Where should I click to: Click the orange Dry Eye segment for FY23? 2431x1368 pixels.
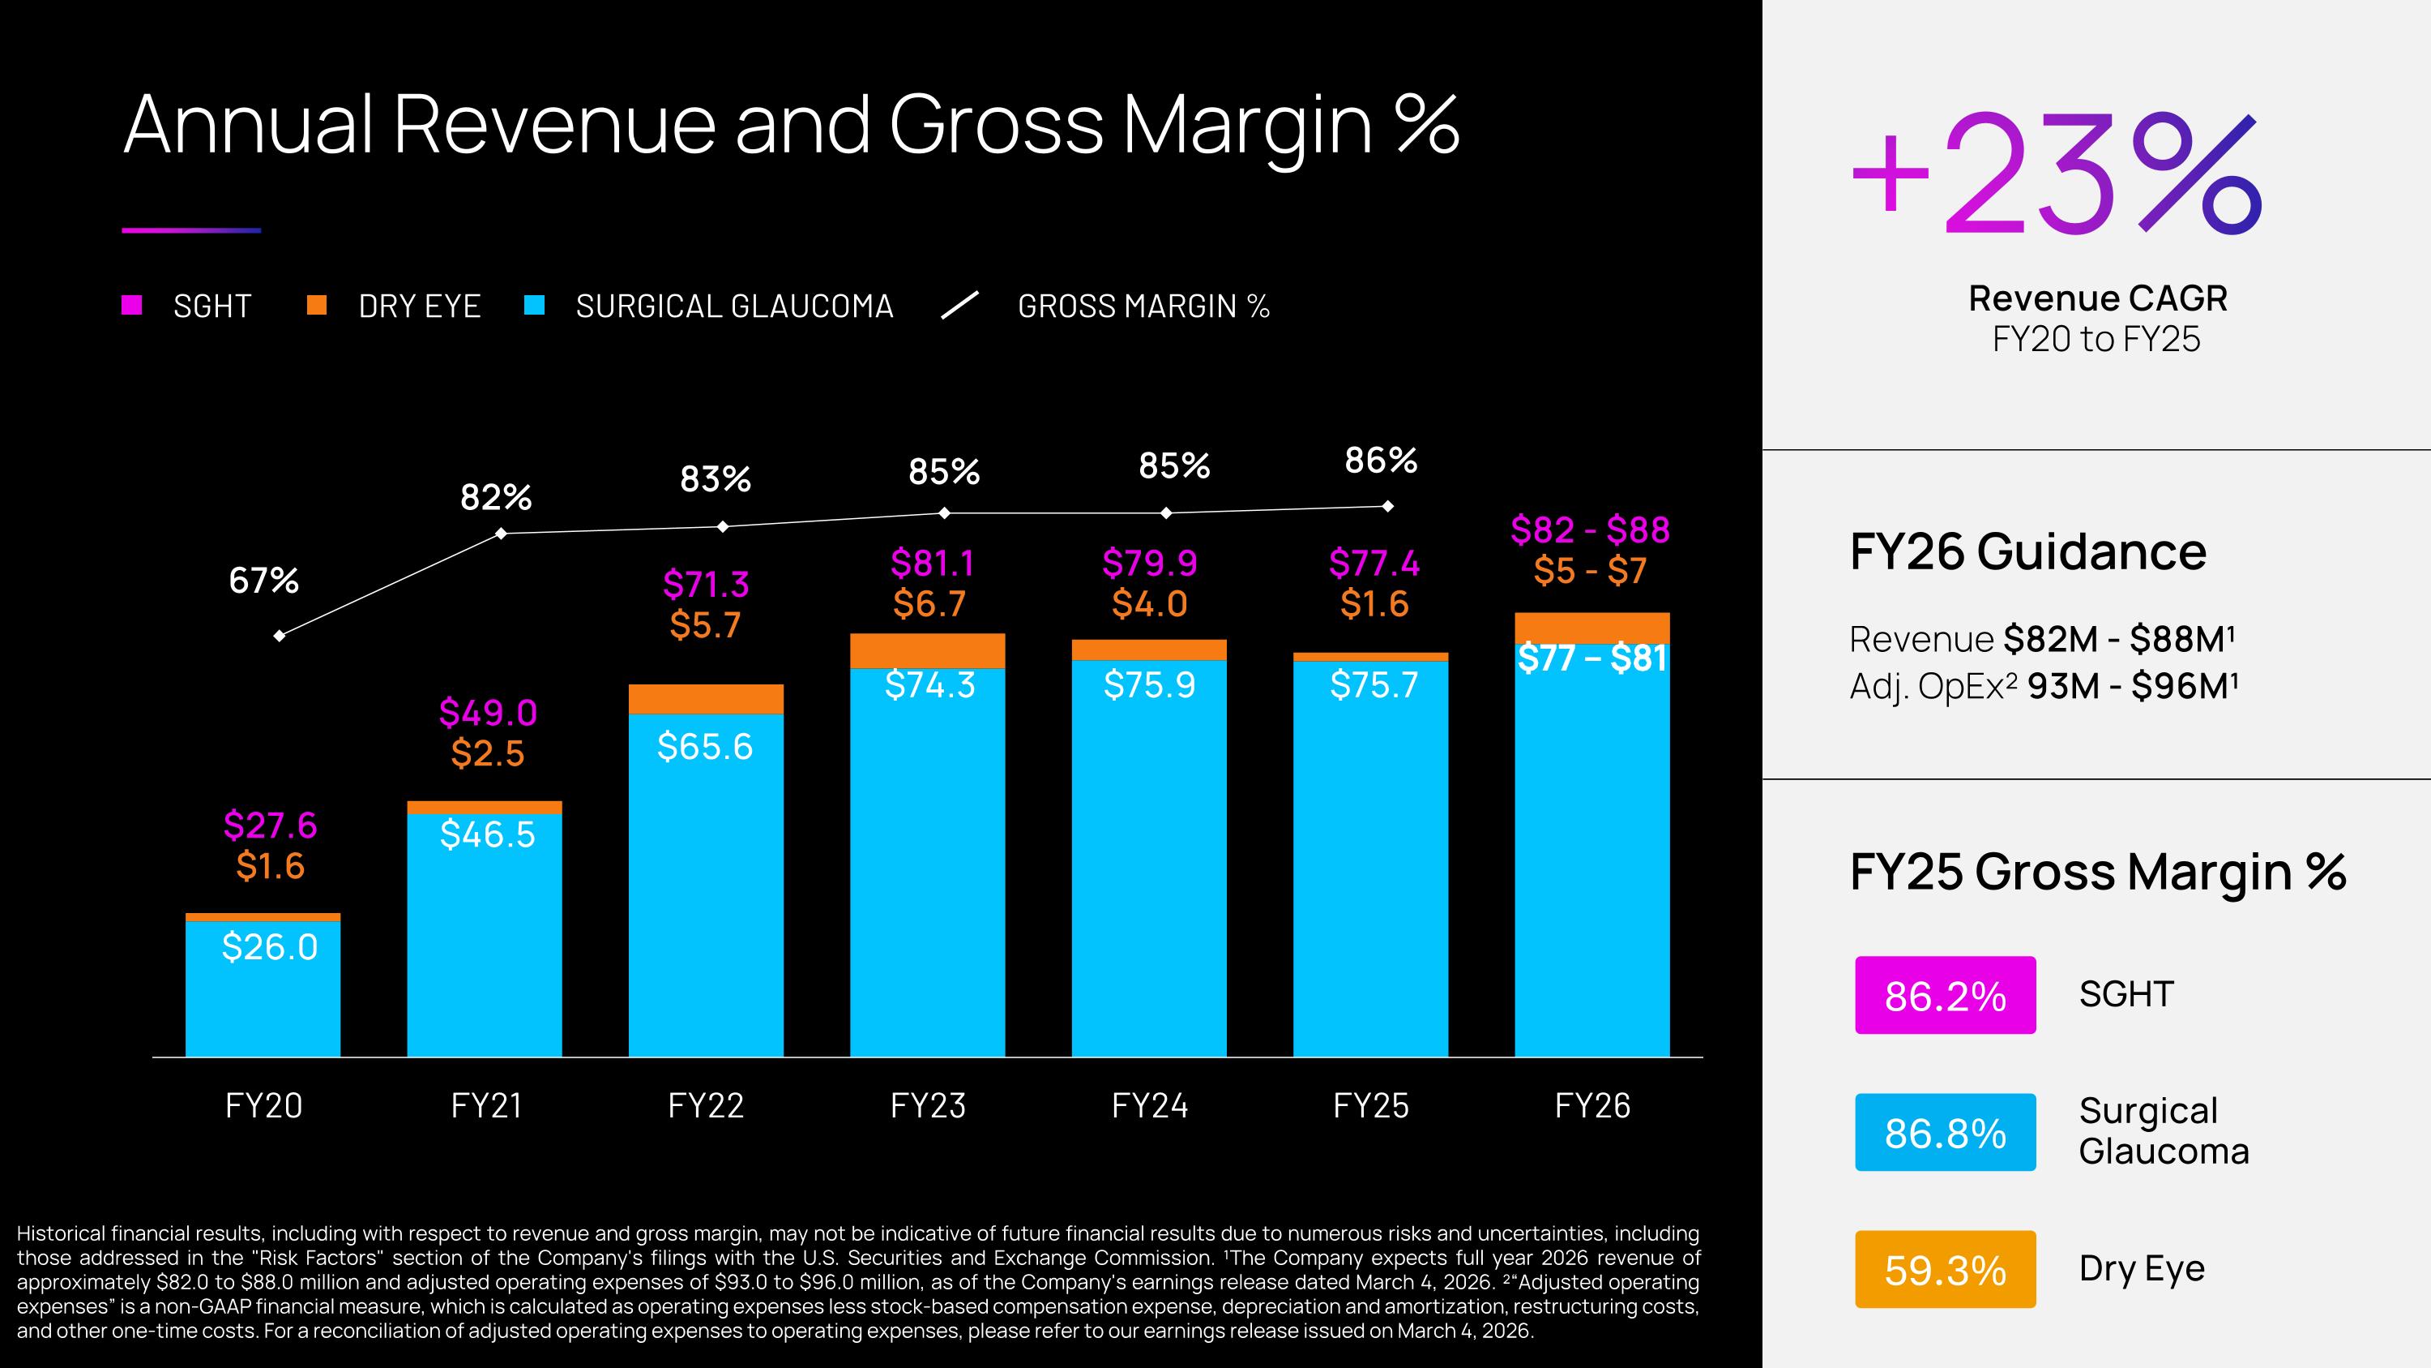coord(927,650)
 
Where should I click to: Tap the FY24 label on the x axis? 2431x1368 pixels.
coord(1148,1105)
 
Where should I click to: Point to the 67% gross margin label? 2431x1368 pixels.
coord(263,581)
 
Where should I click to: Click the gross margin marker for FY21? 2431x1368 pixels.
coord(501,534)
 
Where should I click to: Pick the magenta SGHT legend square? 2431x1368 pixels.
coord(132,305)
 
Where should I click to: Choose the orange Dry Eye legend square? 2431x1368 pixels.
coord(317,305)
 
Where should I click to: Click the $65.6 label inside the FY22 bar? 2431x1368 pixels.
coord(705,747)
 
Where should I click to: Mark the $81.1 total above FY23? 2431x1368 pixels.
coord(931,563)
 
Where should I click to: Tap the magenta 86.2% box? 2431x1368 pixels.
coord(1945,995)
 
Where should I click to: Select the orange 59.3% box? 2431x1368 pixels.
coord(1945,1269)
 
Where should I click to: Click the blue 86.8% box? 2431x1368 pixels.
coord(1945,1132)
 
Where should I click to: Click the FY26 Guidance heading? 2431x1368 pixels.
coord(2027,551)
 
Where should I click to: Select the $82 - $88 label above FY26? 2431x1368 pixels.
coord(1590,530)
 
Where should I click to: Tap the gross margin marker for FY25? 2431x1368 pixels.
coord(1387,506)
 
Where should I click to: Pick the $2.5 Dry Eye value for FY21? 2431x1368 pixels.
coord(487,753)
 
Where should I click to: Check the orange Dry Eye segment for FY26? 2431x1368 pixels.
coord(1592,627)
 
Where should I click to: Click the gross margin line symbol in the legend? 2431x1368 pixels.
coord(959,305)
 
